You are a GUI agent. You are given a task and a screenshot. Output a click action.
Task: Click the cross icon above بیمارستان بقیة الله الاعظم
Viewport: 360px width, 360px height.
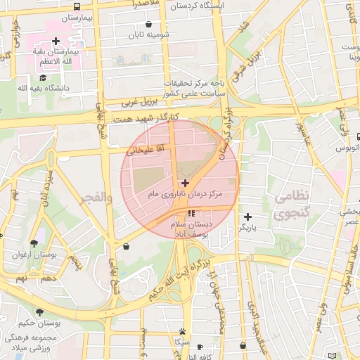pyautogui.click(x=56, y=41)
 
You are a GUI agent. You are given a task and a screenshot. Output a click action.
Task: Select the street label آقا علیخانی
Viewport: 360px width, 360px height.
pyautogui.click(x=145, y=149)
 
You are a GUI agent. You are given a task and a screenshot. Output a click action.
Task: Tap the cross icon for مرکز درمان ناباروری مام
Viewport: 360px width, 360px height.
pyautogui.click(x=185, y=182)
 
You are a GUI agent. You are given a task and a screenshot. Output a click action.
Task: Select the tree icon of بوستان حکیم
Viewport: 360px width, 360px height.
pyautogui.click(x=39, y=311)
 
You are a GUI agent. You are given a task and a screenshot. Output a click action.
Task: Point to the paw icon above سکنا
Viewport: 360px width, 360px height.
pyautogui.click(x=183, y=331)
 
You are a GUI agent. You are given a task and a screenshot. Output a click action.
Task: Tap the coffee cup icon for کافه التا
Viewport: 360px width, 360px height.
pyautogui.click(x=200, y=347)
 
